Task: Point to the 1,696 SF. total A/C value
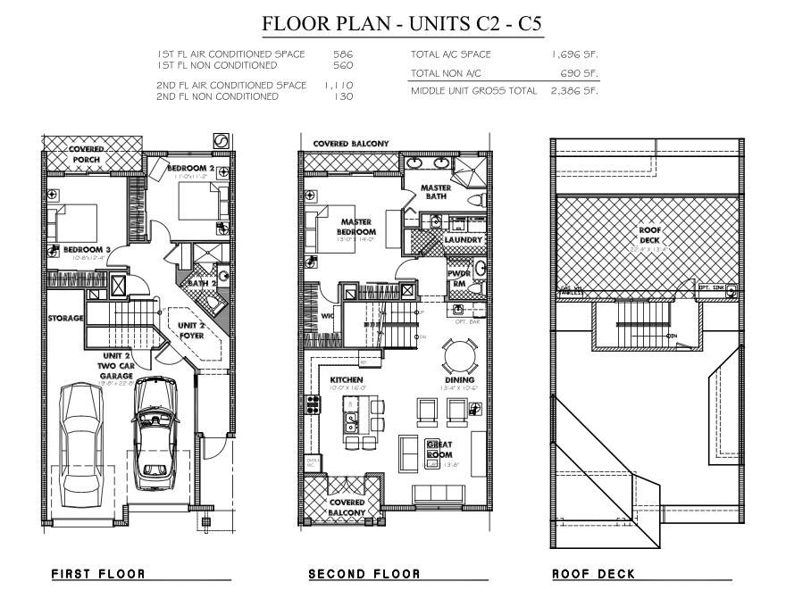pyautogui.click(x=574, y=54)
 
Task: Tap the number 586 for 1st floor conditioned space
pyautogui.click(x=343, y=54)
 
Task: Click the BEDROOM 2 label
pyautogui.click(x=190, y=168)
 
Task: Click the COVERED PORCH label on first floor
pyautogui.click(x=87, y=154)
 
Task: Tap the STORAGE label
pyautogui.click(x=66, y=318)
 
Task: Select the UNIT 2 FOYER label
pyautogui.click(x=190, y=330)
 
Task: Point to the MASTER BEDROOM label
pyautogui.click(x=356, y=227)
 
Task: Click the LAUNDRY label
pyautogui.click(x=463, y=239)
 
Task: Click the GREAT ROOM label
pyautogui.click(x=439, y=449)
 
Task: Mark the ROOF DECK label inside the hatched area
pyautogui.click(x=648, y=234)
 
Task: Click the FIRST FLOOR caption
pyautogui.click(x=98, y=574)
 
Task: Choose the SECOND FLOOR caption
pyautogui.click(x=362, y=574)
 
